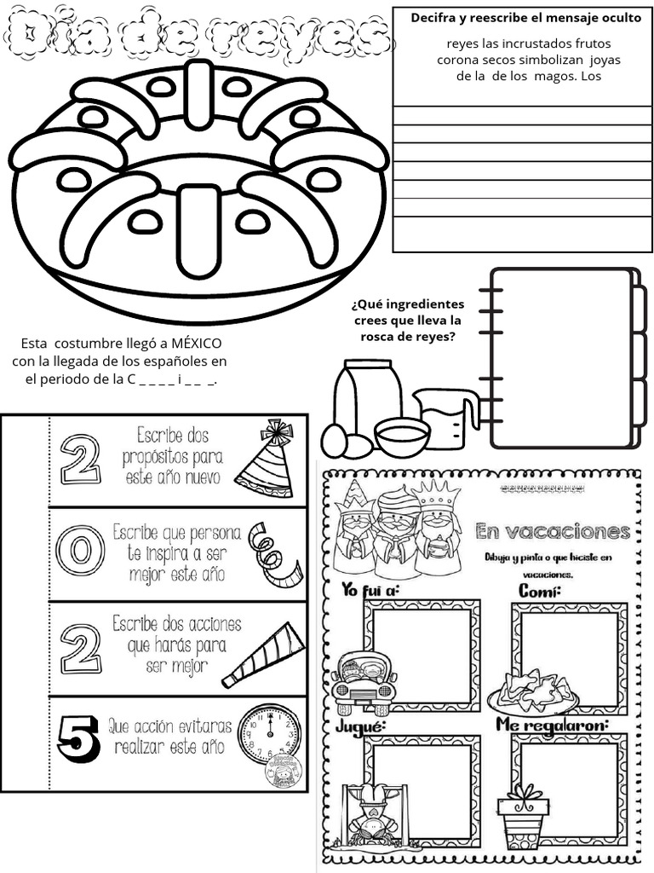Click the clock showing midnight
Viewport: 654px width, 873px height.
pos(268,734)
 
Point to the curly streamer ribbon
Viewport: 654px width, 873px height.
pos(274,554)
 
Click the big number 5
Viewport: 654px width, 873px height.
pos(79,737)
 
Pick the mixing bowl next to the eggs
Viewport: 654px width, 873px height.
pos(402,436)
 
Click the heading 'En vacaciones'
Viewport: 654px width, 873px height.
pos(552,532)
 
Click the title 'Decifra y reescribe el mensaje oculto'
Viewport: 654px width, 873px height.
pos(525,18)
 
